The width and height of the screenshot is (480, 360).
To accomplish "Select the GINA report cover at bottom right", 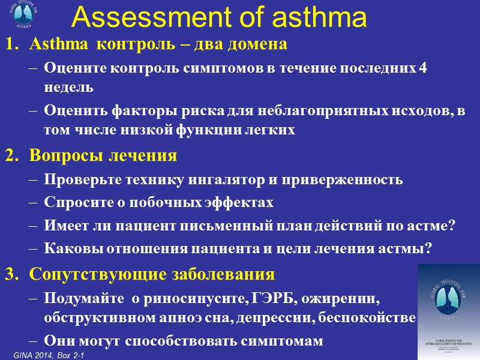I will coord(448,309).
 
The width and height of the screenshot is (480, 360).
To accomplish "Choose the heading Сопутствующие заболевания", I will coord(152,274).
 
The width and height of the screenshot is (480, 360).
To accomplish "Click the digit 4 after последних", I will coord(423,67).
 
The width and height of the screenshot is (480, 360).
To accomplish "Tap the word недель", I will coord(68,86).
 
